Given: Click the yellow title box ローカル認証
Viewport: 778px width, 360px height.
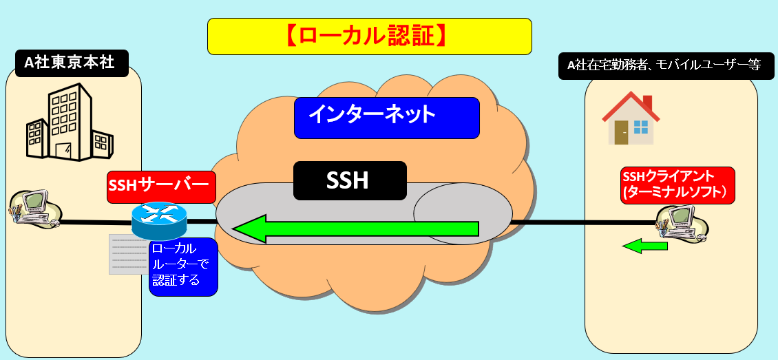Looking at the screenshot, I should [369, 36].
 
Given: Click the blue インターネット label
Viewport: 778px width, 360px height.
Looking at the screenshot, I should [386, 116].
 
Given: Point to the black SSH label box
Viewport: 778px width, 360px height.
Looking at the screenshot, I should [350, 180].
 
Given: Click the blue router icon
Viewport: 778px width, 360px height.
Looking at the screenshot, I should [159, 220].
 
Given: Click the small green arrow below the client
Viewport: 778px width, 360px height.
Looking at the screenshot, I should [645, 245].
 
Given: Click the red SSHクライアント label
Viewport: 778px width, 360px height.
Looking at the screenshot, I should [677, 184].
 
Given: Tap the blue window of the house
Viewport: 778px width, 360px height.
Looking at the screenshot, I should [641, 127].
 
